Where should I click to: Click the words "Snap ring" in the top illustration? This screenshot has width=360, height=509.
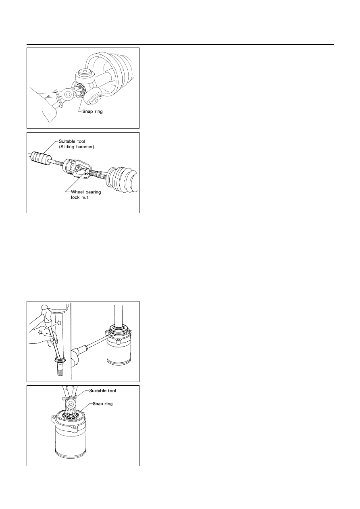pos(92,112)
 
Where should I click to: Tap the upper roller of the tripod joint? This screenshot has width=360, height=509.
pos(85,75)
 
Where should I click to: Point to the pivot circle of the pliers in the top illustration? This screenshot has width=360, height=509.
pos(68,93)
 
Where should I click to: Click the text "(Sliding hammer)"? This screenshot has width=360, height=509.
pos(76,147)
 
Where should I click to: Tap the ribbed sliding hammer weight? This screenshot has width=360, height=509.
pos(40,158)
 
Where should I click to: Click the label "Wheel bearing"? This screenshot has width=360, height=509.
pos(86,192)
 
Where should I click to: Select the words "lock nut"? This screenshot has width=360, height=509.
pos(79,197)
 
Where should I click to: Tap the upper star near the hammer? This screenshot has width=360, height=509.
pos(59,322)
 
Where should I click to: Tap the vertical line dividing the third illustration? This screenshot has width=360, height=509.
pos(71,341)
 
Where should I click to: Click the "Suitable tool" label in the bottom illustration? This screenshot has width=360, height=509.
pos(102,391)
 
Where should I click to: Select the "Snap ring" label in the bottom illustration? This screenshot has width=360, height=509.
pos(102,404)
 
